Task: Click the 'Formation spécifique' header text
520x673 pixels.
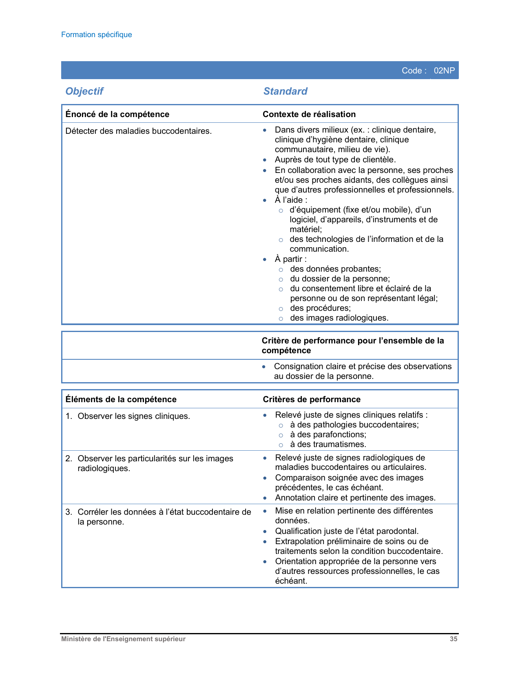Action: (x=96, y=35)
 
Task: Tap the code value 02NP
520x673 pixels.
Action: (x=444, y=71)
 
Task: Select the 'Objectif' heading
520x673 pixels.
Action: (x=84, y=91)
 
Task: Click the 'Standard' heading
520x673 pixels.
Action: (x=285, y=91)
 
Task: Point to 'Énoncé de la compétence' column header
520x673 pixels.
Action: (x=117, y=114)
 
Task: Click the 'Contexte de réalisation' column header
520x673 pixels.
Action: (x=309, y=114)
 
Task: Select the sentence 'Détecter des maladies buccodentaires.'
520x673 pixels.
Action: (x=139, y=131)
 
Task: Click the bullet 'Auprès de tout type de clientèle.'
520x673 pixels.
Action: (x=335, y=159)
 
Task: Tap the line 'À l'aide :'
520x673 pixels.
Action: (x=291, y=200)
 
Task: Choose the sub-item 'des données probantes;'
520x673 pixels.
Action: (x=335, y=269)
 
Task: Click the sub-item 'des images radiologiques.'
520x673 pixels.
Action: (x=339, y=318)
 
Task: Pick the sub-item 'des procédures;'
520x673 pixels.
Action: (x=320, y=308)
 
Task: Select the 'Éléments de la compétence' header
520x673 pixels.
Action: (x=121, y=399)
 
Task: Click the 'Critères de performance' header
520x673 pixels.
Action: (x=312, y=399)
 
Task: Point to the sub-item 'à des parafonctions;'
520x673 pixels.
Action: (x=328, y=434)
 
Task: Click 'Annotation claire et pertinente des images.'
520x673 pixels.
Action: (x=355, y=498)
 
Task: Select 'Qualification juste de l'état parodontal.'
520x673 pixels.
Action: (x=347, y=531)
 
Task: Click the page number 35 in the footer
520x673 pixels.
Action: (x=454, y=639)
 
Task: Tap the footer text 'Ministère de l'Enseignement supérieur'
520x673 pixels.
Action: (x=123, y=639)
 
